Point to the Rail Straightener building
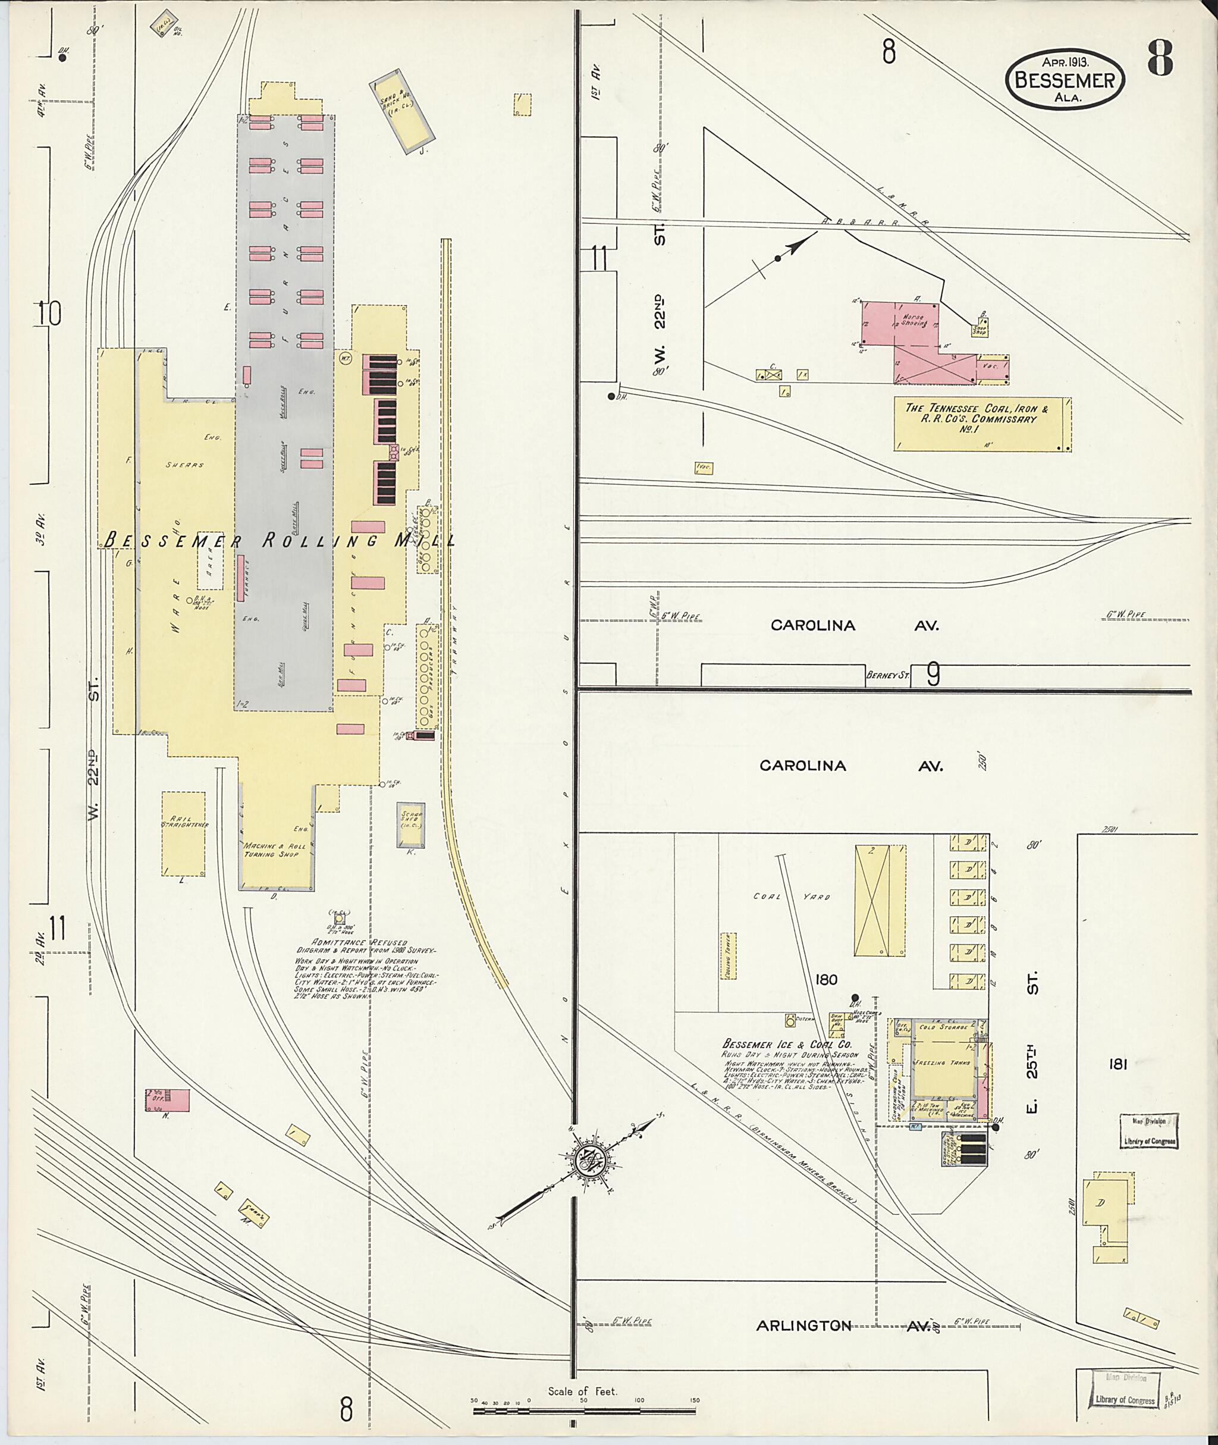click(x=184, y=833)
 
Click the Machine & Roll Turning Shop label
click(x=272, y=850)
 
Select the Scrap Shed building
click(x=411, y=824)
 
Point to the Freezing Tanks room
click(x=942, y=1064)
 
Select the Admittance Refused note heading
click(x=360, y=942)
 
